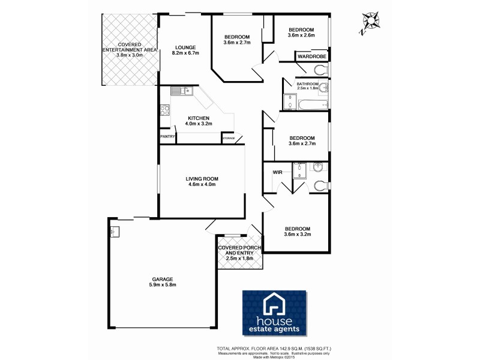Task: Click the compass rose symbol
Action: [370, 22]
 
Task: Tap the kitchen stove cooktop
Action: [164, 110]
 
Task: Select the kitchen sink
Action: [180, 91]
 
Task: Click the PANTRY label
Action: [167, 137]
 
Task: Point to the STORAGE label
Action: [229, 139]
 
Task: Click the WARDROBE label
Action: [311, 56]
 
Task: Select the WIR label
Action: [277, 172]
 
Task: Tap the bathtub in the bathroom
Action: [313, 105]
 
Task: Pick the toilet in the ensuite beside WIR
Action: [320, 185]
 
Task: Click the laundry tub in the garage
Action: [115, 230]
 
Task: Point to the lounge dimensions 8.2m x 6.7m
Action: [185, 53]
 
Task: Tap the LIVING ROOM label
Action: [202, 178]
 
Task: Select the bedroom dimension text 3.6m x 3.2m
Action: [298, 235]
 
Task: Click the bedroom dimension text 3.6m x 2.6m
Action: [301, 36]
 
